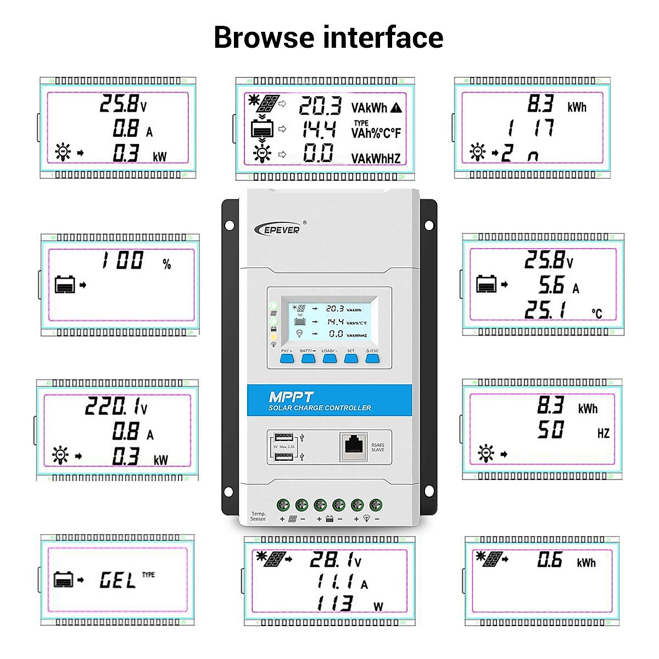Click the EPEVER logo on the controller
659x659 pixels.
[x=278, y=230]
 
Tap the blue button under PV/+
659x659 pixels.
[x=287, y=359]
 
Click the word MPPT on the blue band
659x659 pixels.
[x=291, y=397]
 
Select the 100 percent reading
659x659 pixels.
[x=122, y=260]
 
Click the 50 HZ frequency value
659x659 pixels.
[x=550, y=429]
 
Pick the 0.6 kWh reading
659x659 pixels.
[x=549, y=560]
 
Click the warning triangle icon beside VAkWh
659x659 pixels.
[x=396, y=108]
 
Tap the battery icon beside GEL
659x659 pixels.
[x=64, y=579]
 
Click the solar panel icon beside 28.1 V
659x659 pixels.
[x=273, y=559]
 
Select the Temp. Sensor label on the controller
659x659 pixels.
[x=258, y=516]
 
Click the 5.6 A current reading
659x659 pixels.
[x=551, y=285]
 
